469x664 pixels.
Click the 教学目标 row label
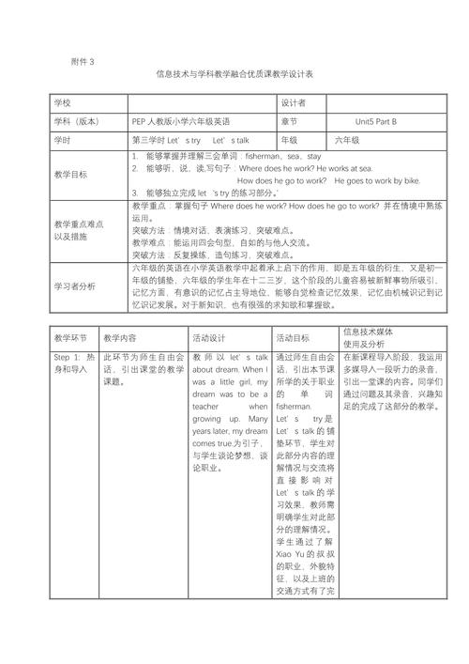pyautogui.click(x=70, y=174)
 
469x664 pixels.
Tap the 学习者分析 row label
pyautogui.click(x=74, y=285)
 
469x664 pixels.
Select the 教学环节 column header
pyautogui.click(x=70, y=335)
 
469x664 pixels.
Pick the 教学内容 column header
pyautogui.click(x=120, y=335)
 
